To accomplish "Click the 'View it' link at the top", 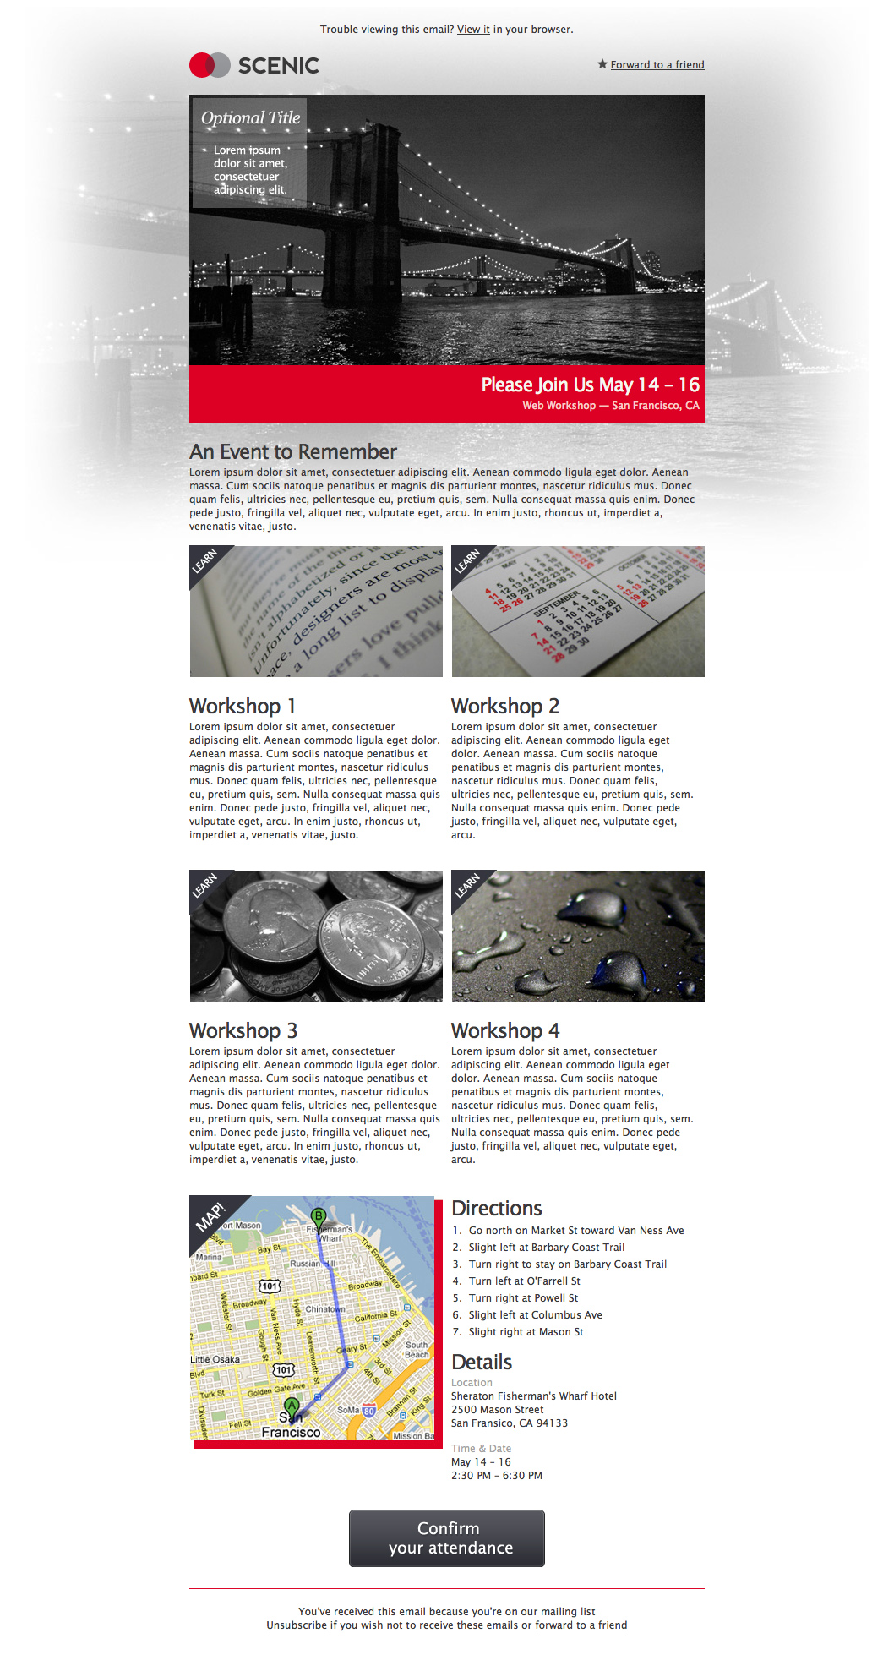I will (x=473, y=30).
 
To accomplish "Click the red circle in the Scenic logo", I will (x=201, y=65).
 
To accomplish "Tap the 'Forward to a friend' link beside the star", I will (x=657, y=65).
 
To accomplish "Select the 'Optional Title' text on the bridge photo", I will (x=250, y=118).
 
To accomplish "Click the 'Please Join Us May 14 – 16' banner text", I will (x=590, y=385).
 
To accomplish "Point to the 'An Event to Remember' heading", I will (x=292, y=452).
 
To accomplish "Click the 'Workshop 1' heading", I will (x=242, y=706).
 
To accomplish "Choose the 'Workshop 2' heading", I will (x=504, y=706).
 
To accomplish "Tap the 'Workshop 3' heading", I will (x=243, y=1030).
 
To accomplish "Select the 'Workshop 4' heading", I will (x=504, y=1030).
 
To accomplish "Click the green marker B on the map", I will (x=318, y=1216).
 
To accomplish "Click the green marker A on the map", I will (x=292, y=1405).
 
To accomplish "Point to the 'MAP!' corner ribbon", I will (x=210, y=1217).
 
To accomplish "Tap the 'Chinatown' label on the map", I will (x=324, y=1309).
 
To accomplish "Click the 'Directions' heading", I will (x=496, y=1209).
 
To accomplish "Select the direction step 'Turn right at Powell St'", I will (x=523, y=1298).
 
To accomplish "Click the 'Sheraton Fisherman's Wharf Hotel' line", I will (x=533, y=1396).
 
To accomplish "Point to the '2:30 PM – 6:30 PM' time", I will (x=496, y=1476).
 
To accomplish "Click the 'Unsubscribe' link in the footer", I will (x=296, y=1625).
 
